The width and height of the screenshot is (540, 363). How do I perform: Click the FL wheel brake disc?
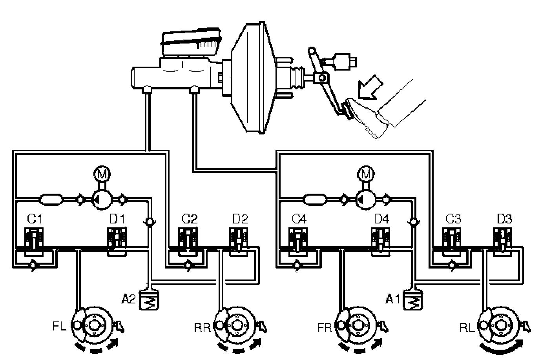click(94, 325)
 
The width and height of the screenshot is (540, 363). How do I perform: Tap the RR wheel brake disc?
click(236, 325)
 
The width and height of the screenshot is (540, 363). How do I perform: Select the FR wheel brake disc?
click(358, 325)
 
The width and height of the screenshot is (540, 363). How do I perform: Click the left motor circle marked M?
click(102, 173)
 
